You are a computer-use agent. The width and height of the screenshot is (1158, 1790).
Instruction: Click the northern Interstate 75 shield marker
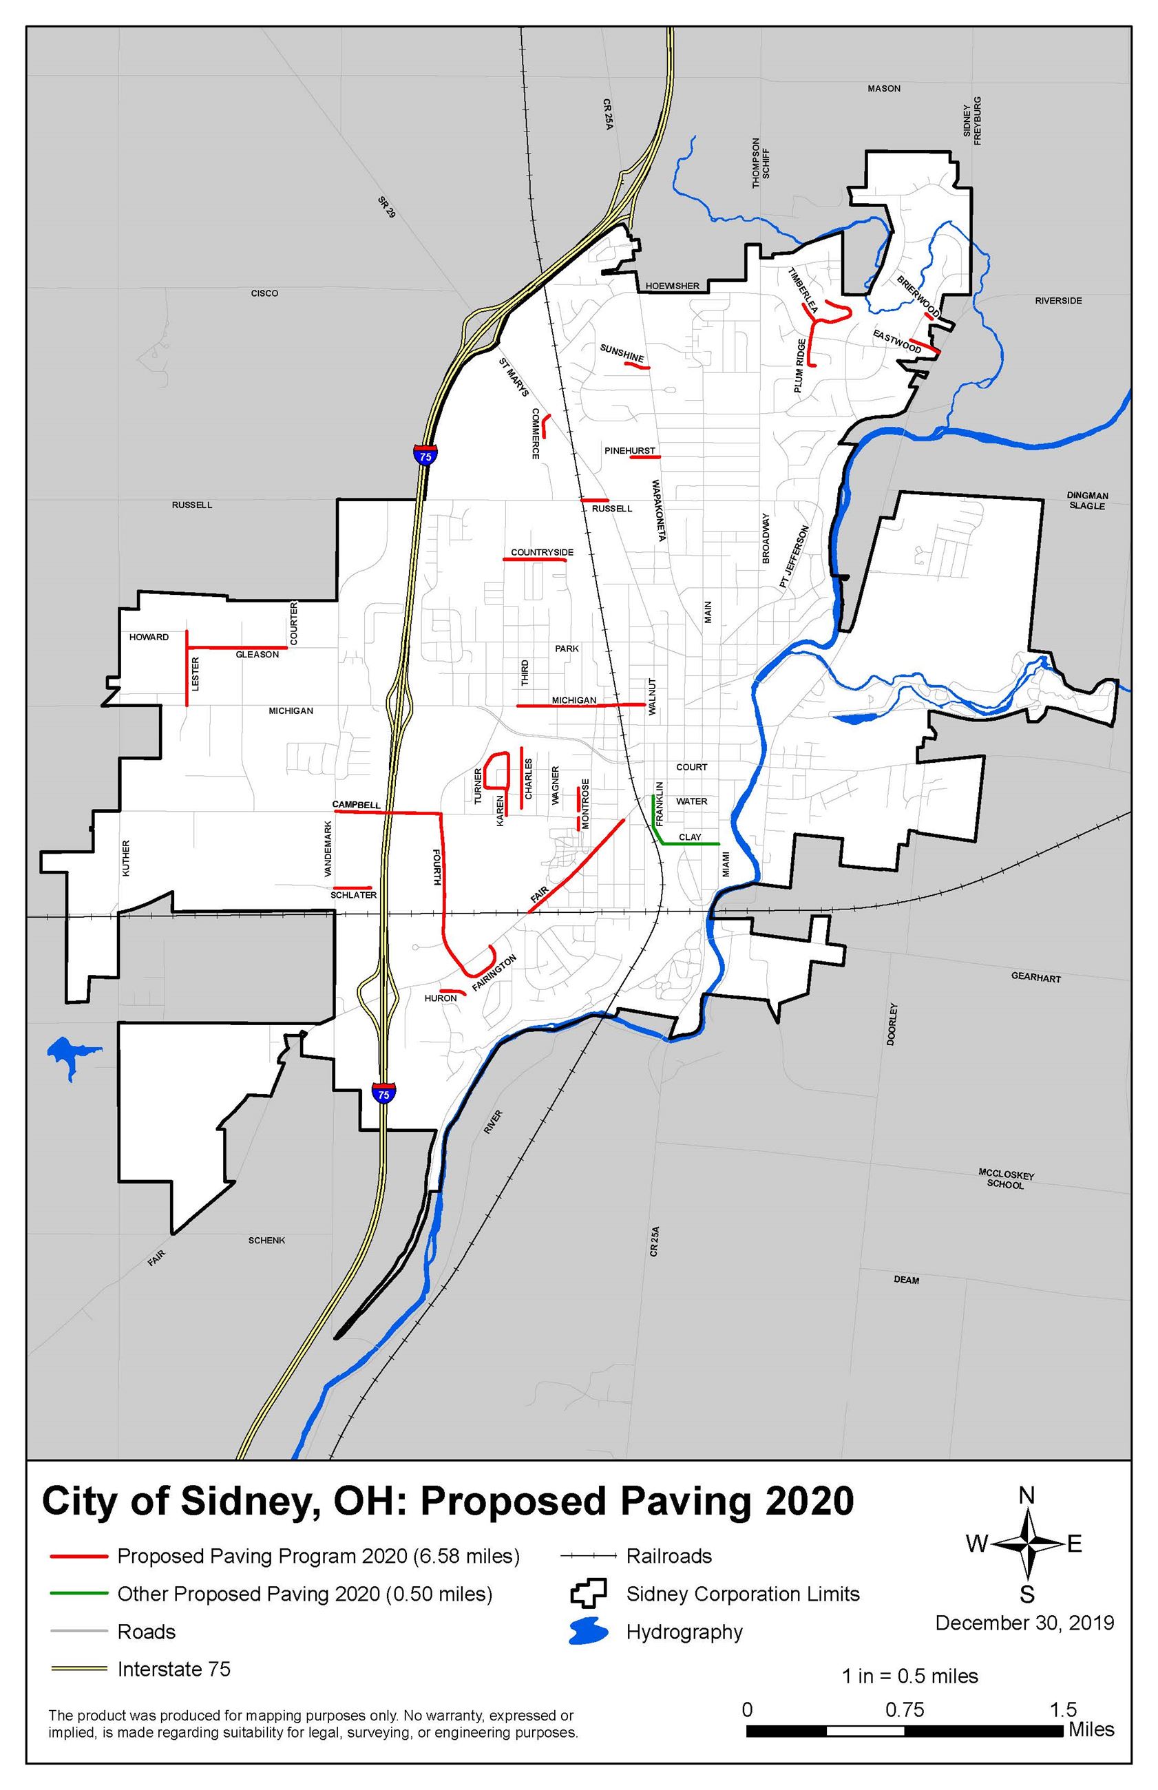(x=425, y=455)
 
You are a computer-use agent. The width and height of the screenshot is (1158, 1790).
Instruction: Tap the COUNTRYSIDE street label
(x=541, y=553)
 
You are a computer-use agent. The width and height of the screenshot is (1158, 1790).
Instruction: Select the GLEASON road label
(x=257, y=655)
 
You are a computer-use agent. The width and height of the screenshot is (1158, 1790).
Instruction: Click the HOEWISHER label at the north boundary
(x=672, y=286)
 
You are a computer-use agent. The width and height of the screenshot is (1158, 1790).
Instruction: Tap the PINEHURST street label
(x=629, y=451)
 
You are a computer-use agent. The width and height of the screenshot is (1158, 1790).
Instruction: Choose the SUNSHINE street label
(x=622, y=352)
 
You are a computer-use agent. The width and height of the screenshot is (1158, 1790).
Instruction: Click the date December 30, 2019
(x=1024, y=1622)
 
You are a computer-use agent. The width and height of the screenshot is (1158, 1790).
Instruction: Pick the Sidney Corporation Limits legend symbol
(x=588, y=1594)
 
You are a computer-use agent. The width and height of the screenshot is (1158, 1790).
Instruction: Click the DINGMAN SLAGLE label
(x=1087, y=501)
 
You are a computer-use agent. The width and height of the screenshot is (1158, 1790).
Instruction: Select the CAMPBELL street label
(x=357, y=804)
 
